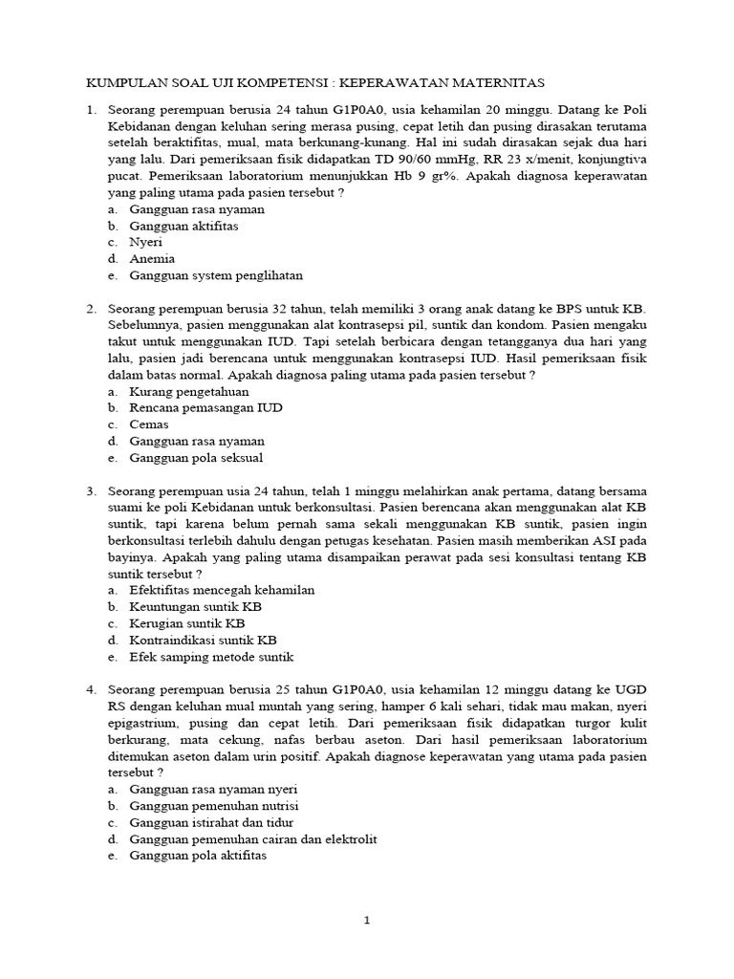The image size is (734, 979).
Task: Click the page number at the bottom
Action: point(366,921)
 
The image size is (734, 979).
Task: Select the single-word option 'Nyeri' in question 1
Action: point(146,242)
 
